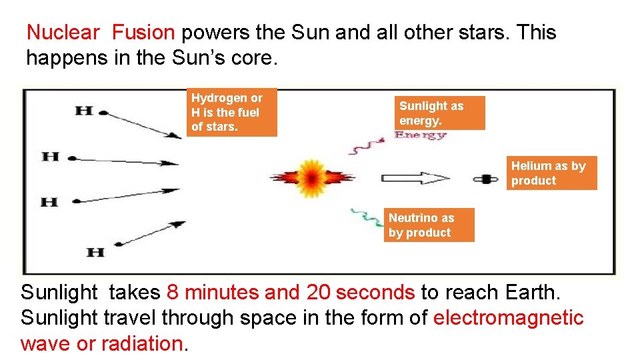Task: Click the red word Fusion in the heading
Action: coord(143,32)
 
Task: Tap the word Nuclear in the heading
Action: coord(63,32)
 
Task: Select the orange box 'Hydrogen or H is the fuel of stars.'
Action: coord(231,112)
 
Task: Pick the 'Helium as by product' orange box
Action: coord(551,173)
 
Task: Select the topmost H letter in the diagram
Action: coord(84,111)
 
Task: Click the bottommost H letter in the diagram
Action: coord(96,252)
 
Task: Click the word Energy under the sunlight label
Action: coord(420,135)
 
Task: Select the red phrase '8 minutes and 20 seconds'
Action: coord(291,292)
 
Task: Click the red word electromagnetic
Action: coord(508,318)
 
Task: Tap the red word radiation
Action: coord(141,343)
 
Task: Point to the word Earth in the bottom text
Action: coord(531,292)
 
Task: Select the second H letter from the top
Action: coord(51,157)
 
